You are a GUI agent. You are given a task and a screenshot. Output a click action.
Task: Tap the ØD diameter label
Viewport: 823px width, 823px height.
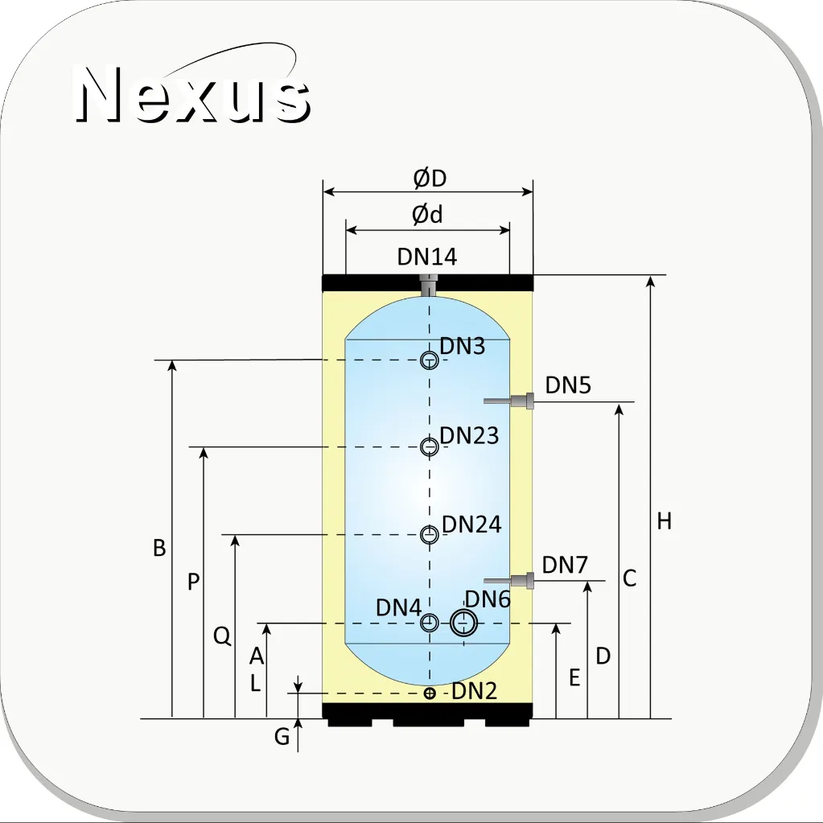pyautogui.click(x=430, y=178)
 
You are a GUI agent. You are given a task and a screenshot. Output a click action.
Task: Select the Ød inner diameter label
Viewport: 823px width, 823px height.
pyautogui.click(x=427, y=214)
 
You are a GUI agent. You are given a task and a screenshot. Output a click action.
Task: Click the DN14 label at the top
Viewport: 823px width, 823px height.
pyautogui.click(x=427, y=257)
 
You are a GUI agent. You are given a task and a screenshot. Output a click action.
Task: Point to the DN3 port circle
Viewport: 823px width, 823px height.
pyautogui.click(x=430, y=360)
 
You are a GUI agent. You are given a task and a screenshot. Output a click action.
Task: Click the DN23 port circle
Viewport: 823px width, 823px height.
pyautogui.click(x=430, y=446)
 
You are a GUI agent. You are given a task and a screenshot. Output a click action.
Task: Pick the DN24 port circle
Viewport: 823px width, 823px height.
pyautogui.click(x=430, y=534)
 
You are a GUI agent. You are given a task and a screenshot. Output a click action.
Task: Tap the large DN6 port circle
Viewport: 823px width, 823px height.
pyautogui.click(x=464, y=623)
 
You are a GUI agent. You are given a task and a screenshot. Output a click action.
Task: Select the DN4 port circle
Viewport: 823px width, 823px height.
pyautogui.click(x=430, y=623)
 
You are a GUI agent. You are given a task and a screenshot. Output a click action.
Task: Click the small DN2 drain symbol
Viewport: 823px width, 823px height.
pyautogui.click(x=430, y=693)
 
